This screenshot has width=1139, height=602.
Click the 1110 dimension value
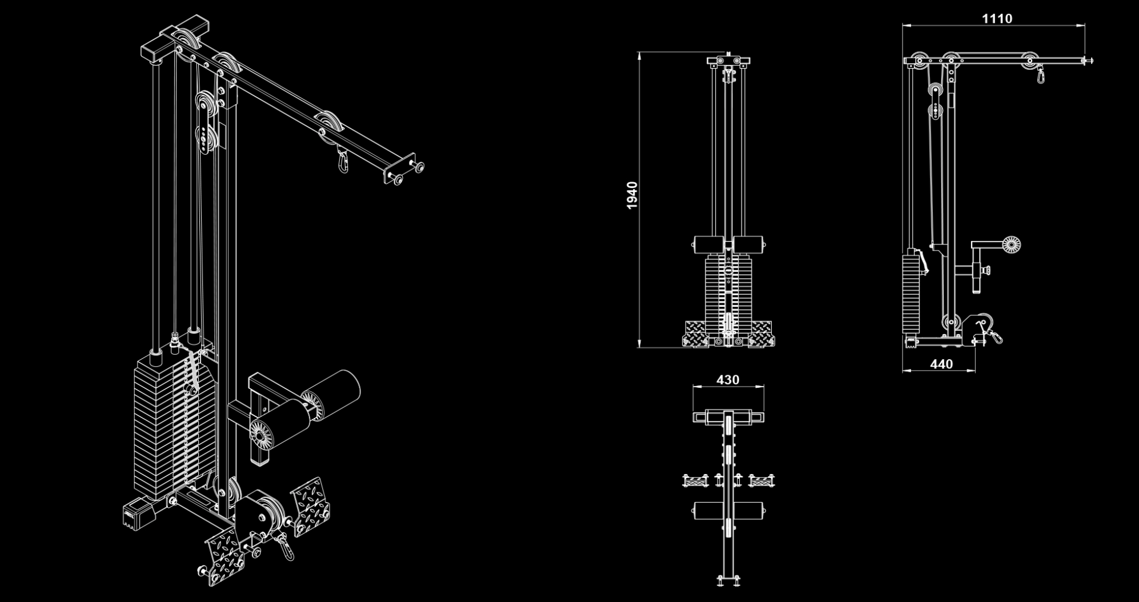tap(997, 19)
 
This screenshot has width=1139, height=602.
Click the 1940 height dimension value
tap(632, 195)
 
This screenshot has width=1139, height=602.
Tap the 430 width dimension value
tap(728, 380)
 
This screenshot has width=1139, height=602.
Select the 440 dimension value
tap(941, 364)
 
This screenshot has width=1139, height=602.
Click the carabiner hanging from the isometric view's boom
tap(343, 160)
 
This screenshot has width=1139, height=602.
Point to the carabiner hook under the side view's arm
tap(1041, 75)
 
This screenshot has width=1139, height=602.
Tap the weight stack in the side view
tap(910, 294)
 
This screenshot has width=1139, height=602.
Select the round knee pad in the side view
tap(1011, 245)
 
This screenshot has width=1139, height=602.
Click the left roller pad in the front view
tap(708, 244)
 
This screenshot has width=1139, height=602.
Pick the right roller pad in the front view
tap(749, 244)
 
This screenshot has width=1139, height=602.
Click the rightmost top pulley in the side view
tap(1030, 61)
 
